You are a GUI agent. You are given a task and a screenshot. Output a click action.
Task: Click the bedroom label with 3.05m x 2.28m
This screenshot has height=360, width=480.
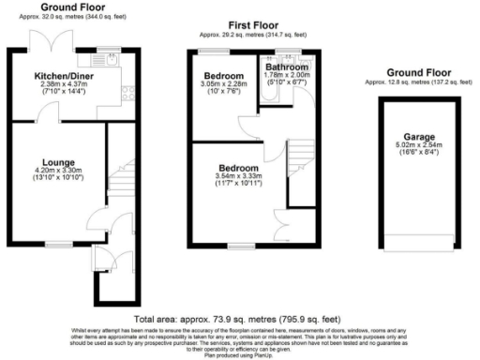click(x=226, y=74)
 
